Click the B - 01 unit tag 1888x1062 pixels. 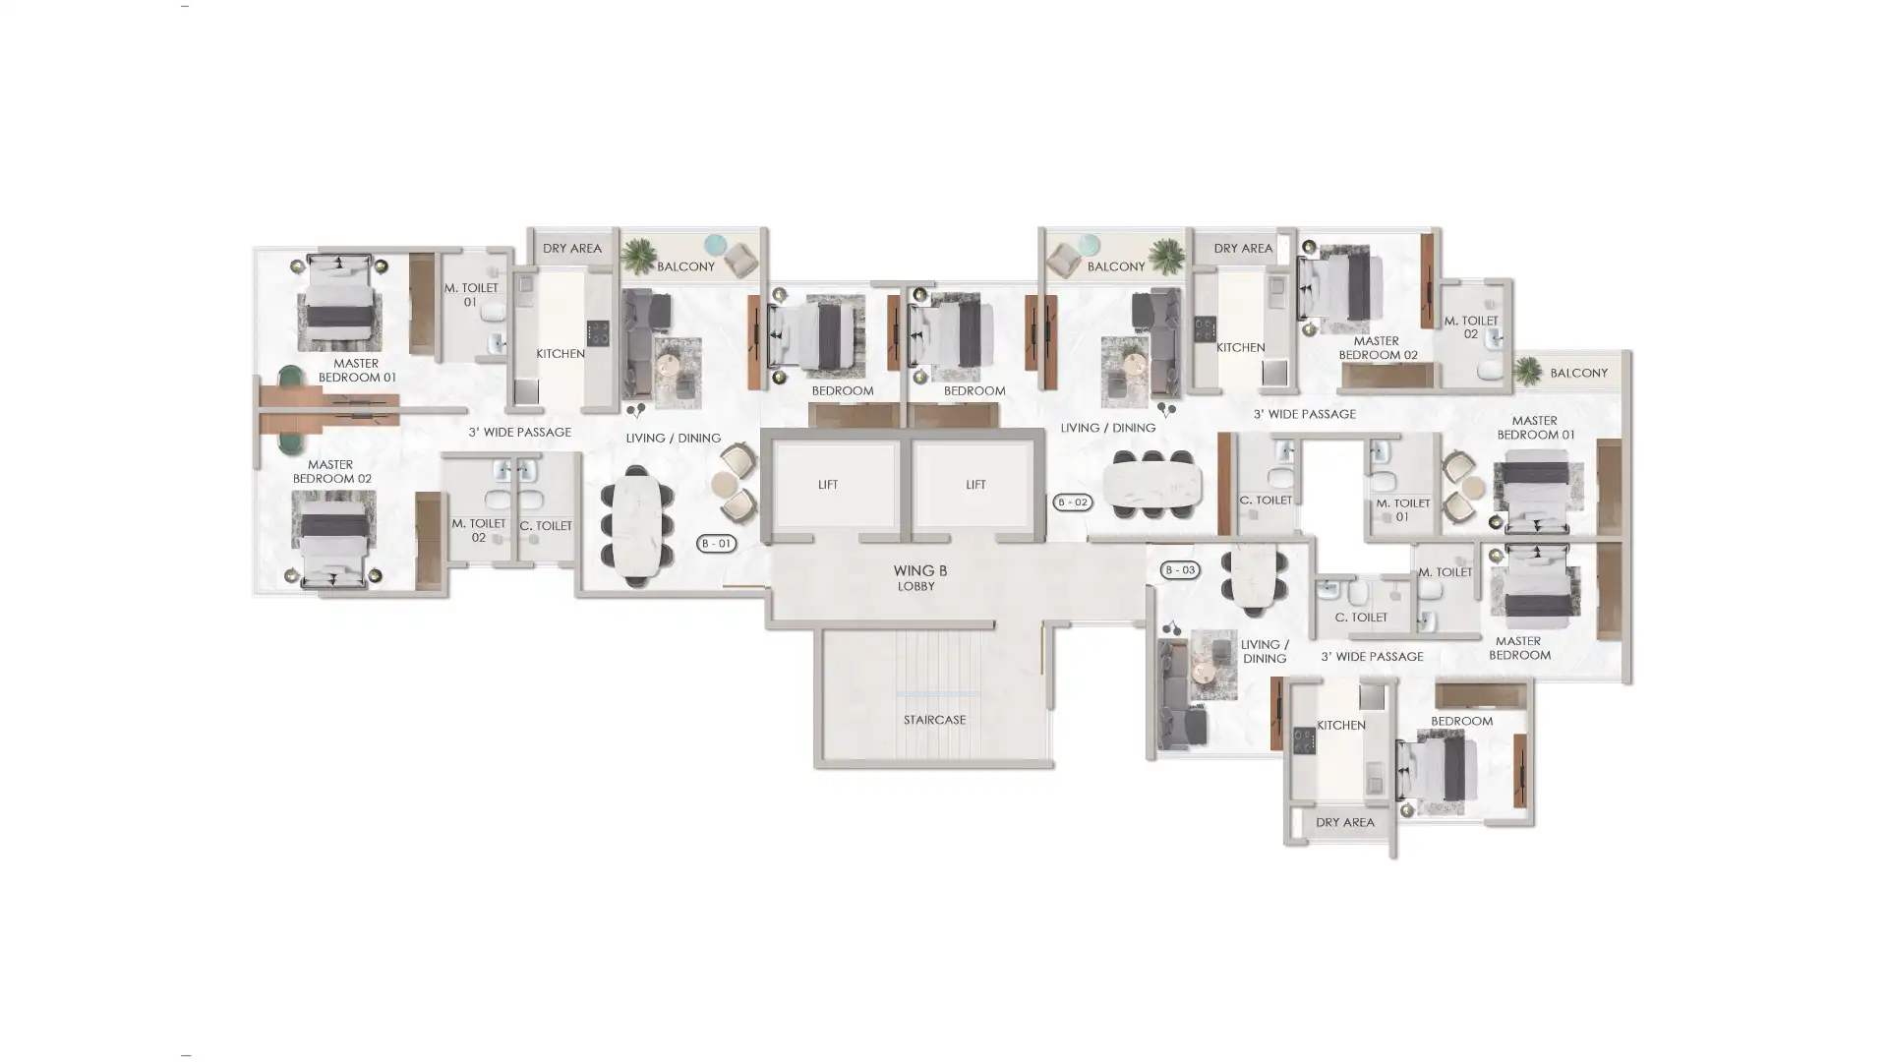pos(716,543)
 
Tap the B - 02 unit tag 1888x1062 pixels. pos(1072,501)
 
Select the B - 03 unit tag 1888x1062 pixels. pos(1179,569)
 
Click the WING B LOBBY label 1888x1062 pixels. pos(919,577)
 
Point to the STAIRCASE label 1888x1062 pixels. pos(934,720)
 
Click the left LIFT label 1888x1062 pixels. pos(828,484)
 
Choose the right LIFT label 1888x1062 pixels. pos(975,484)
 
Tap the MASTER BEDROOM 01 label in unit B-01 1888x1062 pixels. pos(357,370)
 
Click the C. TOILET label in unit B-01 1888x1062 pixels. pos(546,526)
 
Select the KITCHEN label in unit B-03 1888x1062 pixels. pos(1341,725)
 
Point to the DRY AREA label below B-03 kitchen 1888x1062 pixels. pos(1345,822)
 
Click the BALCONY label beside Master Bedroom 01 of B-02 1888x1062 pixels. pos(1579,373)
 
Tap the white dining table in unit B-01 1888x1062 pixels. pos(636,526)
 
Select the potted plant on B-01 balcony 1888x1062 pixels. pos(638,256)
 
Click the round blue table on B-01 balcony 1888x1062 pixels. pos(715,245)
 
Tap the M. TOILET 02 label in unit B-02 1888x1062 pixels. pos(1471,327)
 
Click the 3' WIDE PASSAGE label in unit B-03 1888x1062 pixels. pos(1372,656)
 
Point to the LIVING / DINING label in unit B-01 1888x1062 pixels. pos(674,438)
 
